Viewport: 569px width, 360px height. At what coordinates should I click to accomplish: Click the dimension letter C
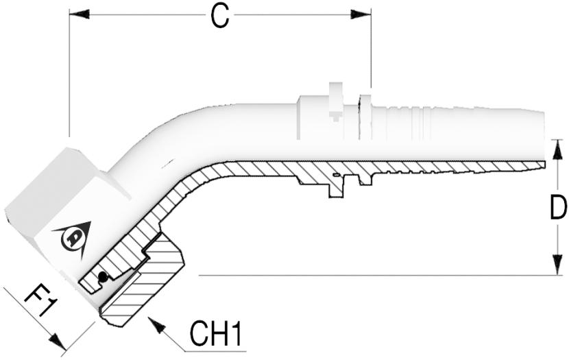click(x=220, y=17)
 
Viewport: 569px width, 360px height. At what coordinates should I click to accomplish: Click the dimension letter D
click(x=558, y=207)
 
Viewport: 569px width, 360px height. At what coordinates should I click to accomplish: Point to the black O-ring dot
click(x=103, y=277)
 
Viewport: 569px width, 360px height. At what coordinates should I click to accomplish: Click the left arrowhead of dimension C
click(x=79, y=14)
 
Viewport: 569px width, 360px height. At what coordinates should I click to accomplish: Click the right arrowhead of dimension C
click(x=361, y=14)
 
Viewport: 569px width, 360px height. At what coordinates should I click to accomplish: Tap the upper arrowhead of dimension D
click(x=557, y=149)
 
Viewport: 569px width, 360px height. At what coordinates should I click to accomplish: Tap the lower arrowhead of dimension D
click(x=557, y=265)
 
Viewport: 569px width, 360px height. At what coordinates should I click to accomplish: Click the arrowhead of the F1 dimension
click(x=58, y=341)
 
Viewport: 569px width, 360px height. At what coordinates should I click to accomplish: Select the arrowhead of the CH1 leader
click(x=156, y=325)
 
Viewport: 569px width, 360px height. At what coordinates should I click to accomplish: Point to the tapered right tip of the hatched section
click(x=541, y=165)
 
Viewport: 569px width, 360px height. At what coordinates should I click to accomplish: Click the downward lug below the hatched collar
click(x=336, y=189)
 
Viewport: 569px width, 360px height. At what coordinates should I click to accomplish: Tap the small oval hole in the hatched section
click(x=336, y=175)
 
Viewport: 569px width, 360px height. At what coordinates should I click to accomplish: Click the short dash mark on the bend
click(x=167, y=164)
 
